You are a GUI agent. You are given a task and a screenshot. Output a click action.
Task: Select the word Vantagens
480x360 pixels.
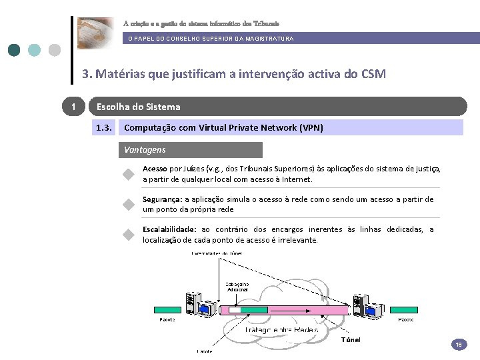click(x=145, y=150)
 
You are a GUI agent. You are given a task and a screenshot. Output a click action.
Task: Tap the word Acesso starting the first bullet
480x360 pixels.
click(x=155, y=169)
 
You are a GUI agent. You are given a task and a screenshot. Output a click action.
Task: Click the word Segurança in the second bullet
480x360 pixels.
click(x=162, y=199)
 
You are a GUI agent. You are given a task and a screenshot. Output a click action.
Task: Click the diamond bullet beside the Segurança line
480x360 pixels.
click(x=129, y=205)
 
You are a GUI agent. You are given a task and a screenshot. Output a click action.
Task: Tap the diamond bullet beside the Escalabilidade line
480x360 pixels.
click(x=129, y=235)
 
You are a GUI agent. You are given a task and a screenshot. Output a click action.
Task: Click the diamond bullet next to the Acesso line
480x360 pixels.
click(x=129, y=175)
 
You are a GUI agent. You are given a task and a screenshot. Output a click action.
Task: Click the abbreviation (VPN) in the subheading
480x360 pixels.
click(x=311, y=127)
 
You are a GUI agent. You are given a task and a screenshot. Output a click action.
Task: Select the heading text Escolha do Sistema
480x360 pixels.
click(x=138, y=107)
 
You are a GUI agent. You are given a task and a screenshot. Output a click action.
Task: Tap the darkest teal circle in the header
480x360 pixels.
click(x=14, y=50)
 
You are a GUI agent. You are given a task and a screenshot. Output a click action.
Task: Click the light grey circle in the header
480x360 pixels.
click(x=55, y=50)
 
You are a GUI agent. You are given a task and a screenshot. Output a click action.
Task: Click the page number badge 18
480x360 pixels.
click(x=459, y=345)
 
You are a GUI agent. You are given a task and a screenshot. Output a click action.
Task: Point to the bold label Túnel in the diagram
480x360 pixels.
click(x=351, y=340)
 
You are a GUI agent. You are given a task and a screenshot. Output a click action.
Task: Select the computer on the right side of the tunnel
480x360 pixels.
click(x=367, y=306)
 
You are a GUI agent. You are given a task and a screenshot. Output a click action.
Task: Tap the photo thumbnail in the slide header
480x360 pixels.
click(x=95, y=33)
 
